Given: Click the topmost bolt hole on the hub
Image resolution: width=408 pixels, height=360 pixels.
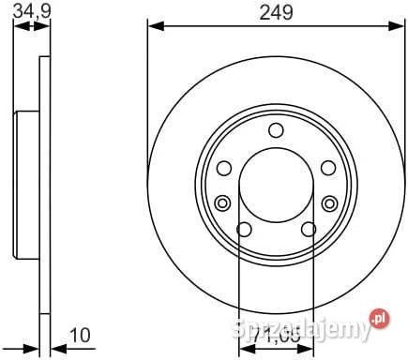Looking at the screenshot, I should (276, 131).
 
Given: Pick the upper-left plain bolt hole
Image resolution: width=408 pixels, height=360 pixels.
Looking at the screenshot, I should (224, 168).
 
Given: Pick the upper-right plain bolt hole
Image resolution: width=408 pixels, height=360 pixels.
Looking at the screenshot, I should (327, 168).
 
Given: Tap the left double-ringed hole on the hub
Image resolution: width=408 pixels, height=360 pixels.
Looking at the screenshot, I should (222, 202).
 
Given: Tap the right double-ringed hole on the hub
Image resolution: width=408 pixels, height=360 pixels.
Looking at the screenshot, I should (329, 202).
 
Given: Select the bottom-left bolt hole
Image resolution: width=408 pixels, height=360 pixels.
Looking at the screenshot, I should (244, 230).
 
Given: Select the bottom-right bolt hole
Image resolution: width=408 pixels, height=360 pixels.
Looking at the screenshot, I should (308, 230).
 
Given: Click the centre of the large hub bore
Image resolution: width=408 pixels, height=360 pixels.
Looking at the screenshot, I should (276, 187).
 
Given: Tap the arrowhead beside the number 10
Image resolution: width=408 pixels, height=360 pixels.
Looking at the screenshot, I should (53, 344).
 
